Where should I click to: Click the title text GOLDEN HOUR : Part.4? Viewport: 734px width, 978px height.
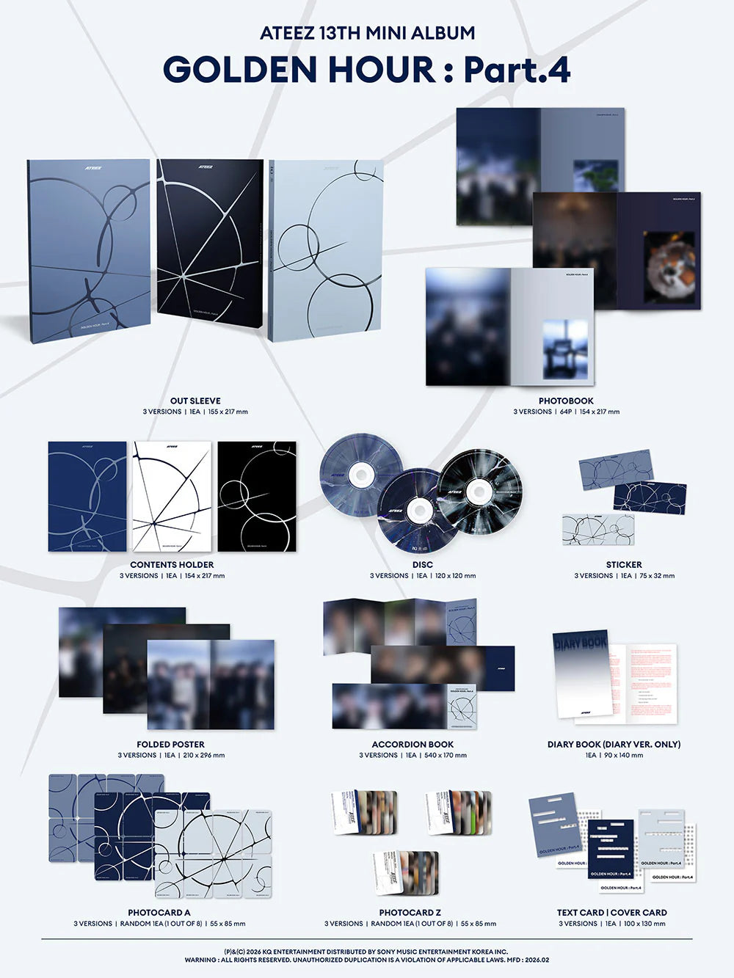click(366, 70)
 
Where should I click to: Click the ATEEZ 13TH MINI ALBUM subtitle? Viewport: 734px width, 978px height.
click(367, 33)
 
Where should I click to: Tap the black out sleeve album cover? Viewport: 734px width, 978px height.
click(209, 238)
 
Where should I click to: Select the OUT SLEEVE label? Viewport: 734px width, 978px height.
click(195, 401)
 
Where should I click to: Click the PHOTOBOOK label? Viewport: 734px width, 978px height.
click(566, 401)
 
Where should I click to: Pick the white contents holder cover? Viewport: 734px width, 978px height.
click(172, 496)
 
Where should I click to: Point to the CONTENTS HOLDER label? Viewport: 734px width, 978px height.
click(172, 565)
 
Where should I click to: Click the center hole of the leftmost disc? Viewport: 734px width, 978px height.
click(360, 475)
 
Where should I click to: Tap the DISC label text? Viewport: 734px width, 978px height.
click(423, 565)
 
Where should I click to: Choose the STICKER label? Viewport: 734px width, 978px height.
click(624, 565)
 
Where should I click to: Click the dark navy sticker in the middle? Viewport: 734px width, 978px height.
click(650, 497)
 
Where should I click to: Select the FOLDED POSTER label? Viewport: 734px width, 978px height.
click(170, 744)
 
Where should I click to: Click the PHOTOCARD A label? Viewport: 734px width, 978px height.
click(159, 913)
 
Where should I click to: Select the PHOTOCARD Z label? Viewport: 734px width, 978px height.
click(410, 913)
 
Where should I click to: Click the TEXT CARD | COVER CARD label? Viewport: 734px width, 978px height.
click(611, 913)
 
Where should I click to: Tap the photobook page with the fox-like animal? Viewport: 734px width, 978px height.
click(668, 267)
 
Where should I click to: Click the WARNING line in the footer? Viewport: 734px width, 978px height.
click(366, 960)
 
